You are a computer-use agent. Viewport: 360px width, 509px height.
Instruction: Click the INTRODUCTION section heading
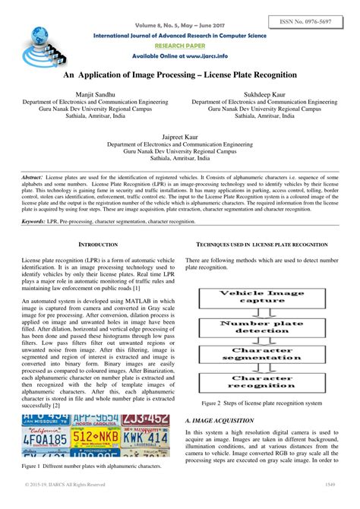click(99, 245)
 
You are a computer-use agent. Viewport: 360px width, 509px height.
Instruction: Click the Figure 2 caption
click(261, 403)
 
